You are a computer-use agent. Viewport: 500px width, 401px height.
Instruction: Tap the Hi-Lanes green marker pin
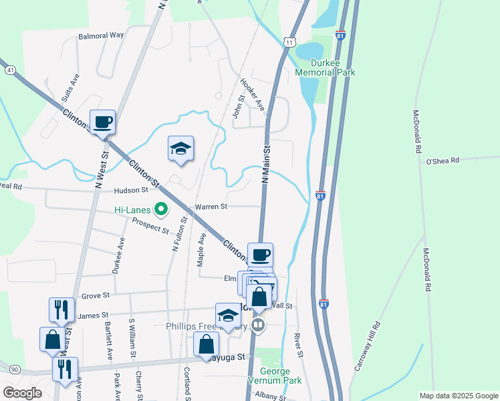161,210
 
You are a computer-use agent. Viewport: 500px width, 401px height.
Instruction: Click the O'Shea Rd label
443,160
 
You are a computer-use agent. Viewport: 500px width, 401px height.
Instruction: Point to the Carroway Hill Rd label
367,346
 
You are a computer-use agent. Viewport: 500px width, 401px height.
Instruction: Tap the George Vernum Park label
275,376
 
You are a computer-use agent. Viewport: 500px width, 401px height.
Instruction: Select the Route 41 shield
9,69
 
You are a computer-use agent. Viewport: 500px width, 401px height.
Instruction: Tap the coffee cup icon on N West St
102,122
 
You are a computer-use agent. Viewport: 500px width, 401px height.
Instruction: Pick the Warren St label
211,207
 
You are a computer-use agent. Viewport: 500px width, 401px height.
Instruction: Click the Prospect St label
150,225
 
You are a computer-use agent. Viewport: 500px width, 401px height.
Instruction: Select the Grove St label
95,295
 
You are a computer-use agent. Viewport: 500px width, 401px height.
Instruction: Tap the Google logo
22,393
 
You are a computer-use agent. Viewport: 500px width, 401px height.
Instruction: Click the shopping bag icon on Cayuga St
207,345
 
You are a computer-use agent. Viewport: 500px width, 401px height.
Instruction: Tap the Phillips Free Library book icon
258,325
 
